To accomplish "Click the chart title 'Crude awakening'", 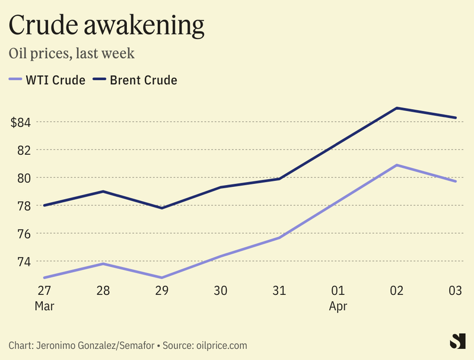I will [107, 25].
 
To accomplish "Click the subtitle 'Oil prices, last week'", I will [72, 53].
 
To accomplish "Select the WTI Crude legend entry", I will [47, 79].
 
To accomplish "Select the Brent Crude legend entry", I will [136, 79].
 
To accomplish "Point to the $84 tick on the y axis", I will [21, 122].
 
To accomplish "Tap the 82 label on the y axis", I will [24, 150].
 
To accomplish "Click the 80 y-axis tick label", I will [24, 178].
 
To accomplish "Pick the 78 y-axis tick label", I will [24, 206].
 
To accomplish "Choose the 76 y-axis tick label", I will [24, 234].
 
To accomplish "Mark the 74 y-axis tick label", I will [24, 262].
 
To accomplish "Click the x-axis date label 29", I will [161, 291].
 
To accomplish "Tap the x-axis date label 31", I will [279, 291].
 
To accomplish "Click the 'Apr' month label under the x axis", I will [338, 307].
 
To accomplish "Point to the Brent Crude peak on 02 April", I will [396, 108].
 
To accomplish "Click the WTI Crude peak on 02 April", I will [396, 165].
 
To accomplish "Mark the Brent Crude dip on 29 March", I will [161, 208].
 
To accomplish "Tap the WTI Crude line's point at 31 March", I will [279, 238].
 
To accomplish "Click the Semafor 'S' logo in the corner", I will [457, 342].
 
